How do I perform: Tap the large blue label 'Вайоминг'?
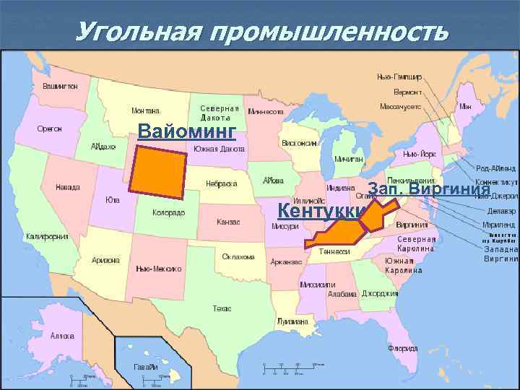187,131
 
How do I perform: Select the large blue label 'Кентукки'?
317,211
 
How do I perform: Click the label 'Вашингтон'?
61,85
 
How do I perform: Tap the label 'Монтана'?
146,111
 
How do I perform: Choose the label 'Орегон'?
50,128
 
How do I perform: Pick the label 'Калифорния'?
47,236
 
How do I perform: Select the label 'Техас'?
222,308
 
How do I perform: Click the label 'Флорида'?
401,348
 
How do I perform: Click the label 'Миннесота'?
266,112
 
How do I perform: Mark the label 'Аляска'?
63,336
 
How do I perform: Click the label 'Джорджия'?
380,294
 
